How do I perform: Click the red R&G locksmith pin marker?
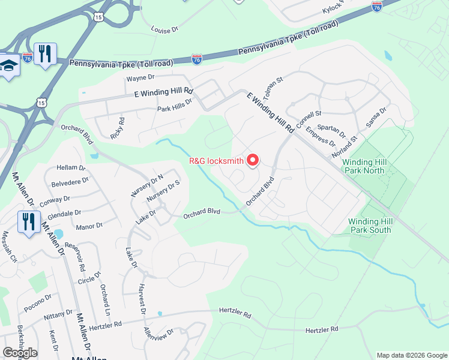click(x=253, y=160)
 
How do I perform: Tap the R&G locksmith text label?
click(x=216, y=161)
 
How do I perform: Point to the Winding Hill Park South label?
click(x=370, y=226)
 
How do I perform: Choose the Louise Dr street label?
click(x=165, y=29)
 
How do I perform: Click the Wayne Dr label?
click(x=140, y=77)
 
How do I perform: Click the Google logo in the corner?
click(x=20, y=352)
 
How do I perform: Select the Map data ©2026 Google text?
click(x=411, y=355)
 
